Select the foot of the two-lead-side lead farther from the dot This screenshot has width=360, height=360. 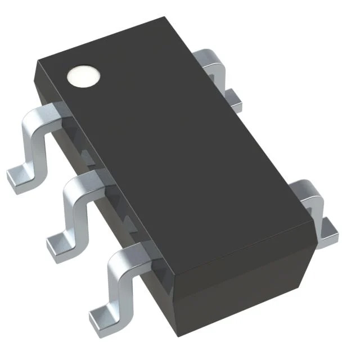coord(328,228)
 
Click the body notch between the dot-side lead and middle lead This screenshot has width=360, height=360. coord(84,152)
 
